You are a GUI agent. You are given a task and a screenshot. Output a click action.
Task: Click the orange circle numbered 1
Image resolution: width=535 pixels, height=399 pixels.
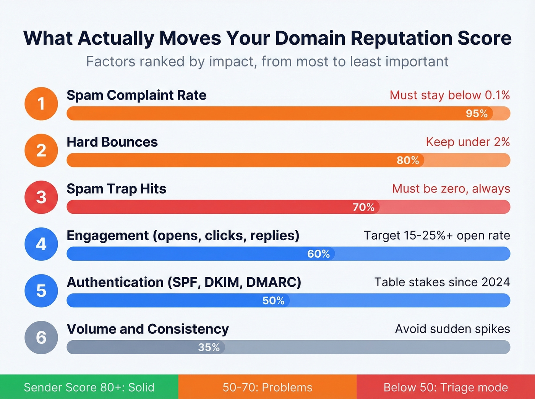tap(41, 104)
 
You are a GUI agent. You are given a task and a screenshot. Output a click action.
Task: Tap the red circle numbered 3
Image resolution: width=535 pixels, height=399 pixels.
tap(41, 197)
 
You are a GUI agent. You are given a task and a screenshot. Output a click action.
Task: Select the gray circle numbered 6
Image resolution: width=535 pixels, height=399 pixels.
tap(41, 338)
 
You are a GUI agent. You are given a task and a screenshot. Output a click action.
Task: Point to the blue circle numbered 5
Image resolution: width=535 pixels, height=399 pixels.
tap(41, 291)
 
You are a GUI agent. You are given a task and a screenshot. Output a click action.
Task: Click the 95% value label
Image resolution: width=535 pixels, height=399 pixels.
tap(477, 113)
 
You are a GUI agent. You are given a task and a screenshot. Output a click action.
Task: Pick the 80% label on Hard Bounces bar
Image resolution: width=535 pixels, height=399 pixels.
tap(408, 160)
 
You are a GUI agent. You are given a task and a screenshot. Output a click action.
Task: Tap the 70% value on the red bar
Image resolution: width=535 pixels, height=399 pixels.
tap(363, 207)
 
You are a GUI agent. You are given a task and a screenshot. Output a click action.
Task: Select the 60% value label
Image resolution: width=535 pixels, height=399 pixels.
tap(318, 254)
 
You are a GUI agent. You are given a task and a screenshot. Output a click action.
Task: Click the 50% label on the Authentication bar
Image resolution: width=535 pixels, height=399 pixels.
tap(273, 300)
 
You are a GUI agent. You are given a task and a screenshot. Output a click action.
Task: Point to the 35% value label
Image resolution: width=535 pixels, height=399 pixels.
tap(209, 347)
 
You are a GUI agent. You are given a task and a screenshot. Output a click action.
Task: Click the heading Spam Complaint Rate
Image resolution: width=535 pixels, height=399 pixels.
tap(136, 95)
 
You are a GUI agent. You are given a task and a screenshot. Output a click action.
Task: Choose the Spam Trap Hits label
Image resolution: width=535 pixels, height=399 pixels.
tap(117, 189)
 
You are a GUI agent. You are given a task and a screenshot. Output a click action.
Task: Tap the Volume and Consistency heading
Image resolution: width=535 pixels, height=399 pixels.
tap(148, 329)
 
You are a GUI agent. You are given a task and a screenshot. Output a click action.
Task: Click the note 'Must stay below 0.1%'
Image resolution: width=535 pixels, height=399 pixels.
tap(450, 95)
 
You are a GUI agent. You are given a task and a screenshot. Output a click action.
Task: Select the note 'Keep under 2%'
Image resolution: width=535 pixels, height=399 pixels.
tap(468, 142)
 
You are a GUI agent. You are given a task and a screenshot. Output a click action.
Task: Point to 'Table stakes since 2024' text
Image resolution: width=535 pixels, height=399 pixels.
tap(442, 282)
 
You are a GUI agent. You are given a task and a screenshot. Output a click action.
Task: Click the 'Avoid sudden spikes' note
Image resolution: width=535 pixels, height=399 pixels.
tap(452, 329)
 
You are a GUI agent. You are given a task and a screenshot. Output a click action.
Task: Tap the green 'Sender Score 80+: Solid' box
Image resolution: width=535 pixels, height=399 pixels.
tap(89, 387)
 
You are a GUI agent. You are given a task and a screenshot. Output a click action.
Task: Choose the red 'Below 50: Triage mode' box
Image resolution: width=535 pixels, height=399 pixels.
tap(446, 387)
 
